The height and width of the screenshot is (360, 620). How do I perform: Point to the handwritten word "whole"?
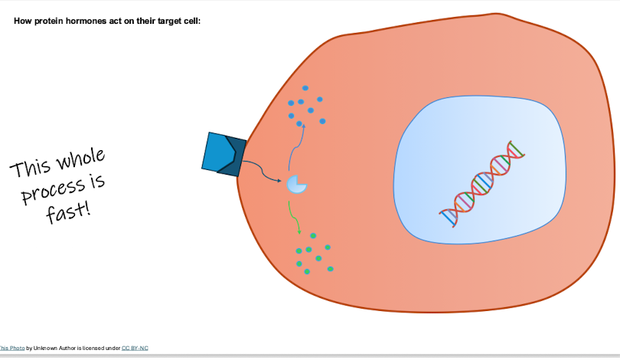(x=81, y=159)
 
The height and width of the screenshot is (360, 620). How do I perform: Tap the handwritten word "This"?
(x=31, y=169)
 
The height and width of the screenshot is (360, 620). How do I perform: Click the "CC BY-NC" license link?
(x=135, y=349)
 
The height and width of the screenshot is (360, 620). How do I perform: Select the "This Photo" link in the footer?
(x=11, y=349)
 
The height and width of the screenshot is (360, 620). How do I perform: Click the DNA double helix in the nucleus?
(x=482, y=184)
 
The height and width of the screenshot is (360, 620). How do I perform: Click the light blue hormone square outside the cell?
(x=217, y=152)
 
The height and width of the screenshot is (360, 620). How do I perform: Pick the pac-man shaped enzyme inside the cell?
(x=295, y=185)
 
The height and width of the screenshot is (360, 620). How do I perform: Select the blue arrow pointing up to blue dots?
(x=296, y=147)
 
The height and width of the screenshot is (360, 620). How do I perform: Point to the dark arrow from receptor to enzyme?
(x=262, y=172)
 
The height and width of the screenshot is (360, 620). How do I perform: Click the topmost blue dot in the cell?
(x=305, y=88)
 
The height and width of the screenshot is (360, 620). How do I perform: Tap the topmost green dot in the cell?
(x=313, y=236)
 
